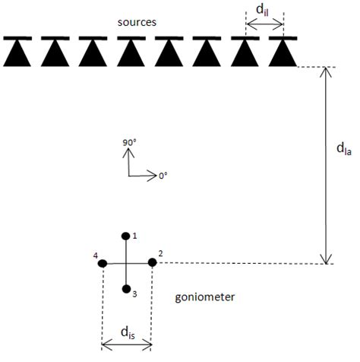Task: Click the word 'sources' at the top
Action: pyautogui.click(x=137, y=22)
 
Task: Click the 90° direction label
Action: pyautogui.click(x=129, y=141)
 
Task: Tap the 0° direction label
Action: pyautogui.click(x=163, y=176)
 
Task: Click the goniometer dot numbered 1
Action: pyautogui.click(x=126, y=236)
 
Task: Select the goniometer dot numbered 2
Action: pyautogui.click(x=152, y=262)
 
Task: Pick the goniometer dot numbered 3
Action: pyautogui.click(x=126, y=289)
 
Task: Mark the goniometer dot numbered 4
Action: pyautogui.click(x=103, y=263)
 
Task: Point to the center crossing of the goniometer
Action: pyautogui.click(x=126, y=263)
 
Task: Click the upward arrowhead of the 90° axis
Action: pyautogui.click(x=128, y=151)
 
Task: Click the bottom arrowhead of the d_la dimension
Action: pyautogui.click(x=327, y=259)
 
